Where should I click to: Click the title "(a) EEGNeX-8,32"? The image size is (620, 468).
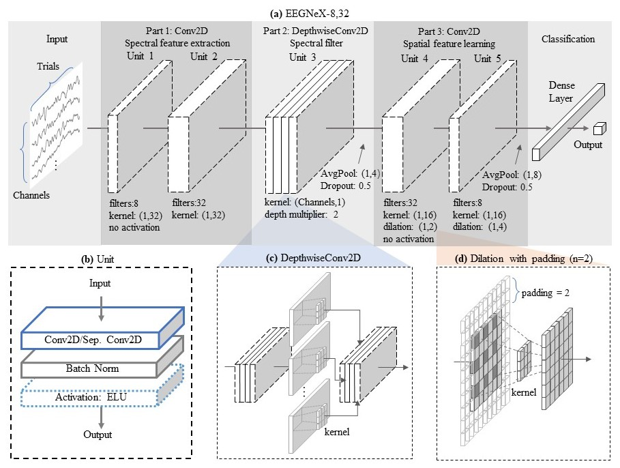pos(310,11)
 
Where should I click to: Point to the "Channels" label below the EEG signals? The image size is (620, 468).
pos(31,195)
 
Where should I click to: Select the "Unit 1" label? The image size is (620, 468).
pos(141,57)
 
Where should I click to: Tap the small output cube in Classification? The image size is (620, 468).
pos(599,129)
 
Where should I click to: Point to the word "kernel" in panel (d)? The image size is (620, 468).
pos(522,394)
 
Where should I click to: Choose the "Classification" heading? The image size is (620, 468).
pos(567,40)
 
